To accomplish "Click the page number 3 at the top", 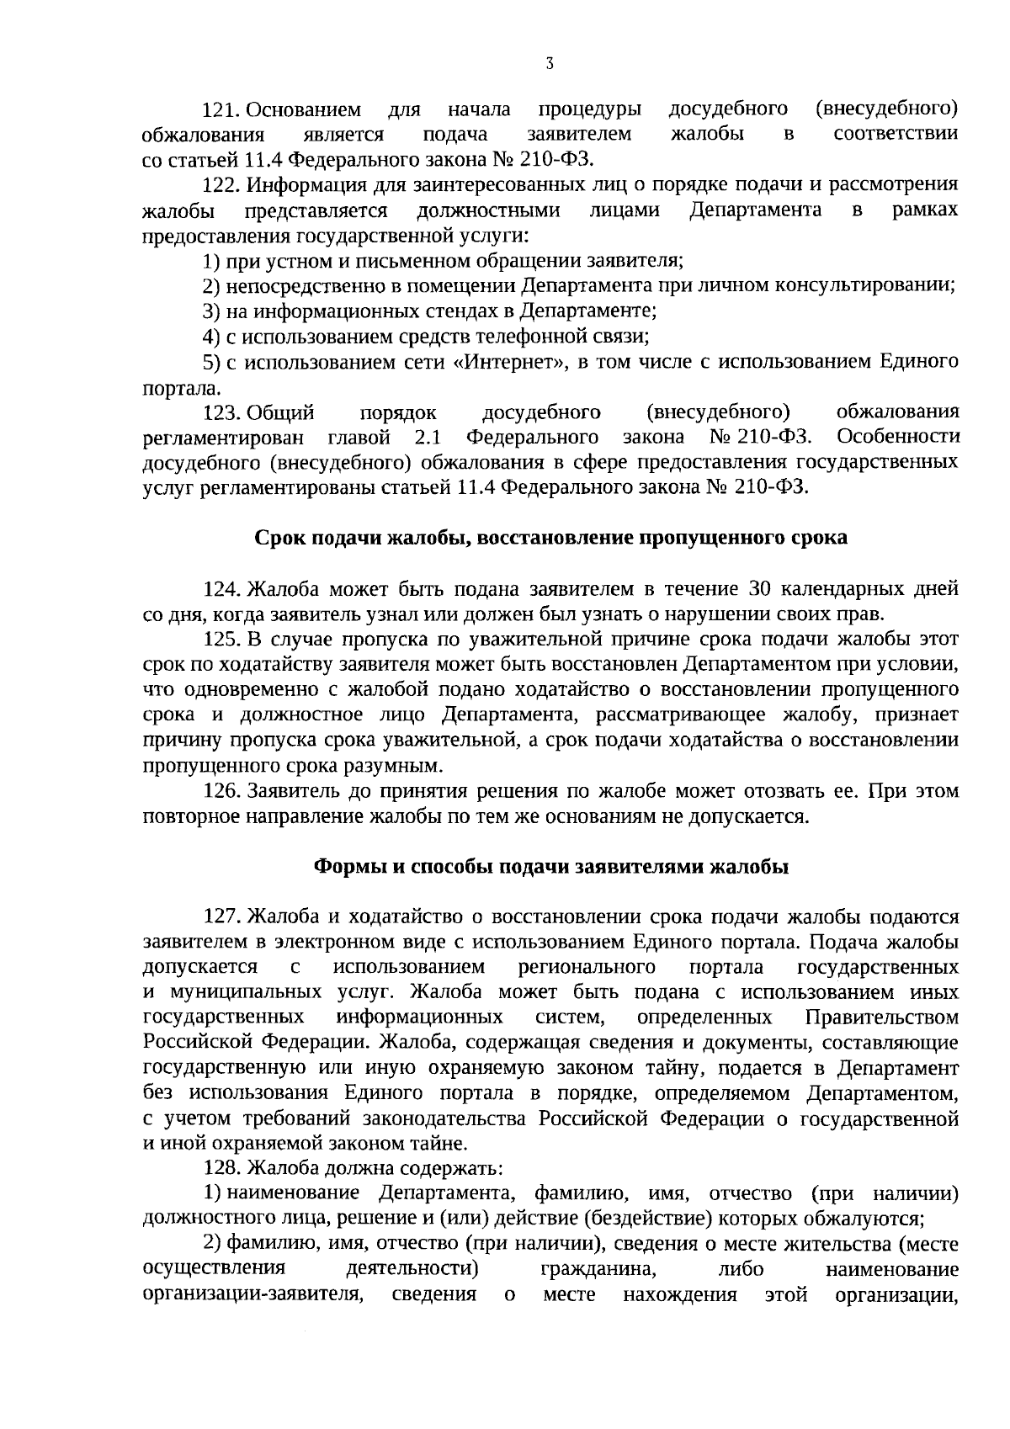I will (549, 64).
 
